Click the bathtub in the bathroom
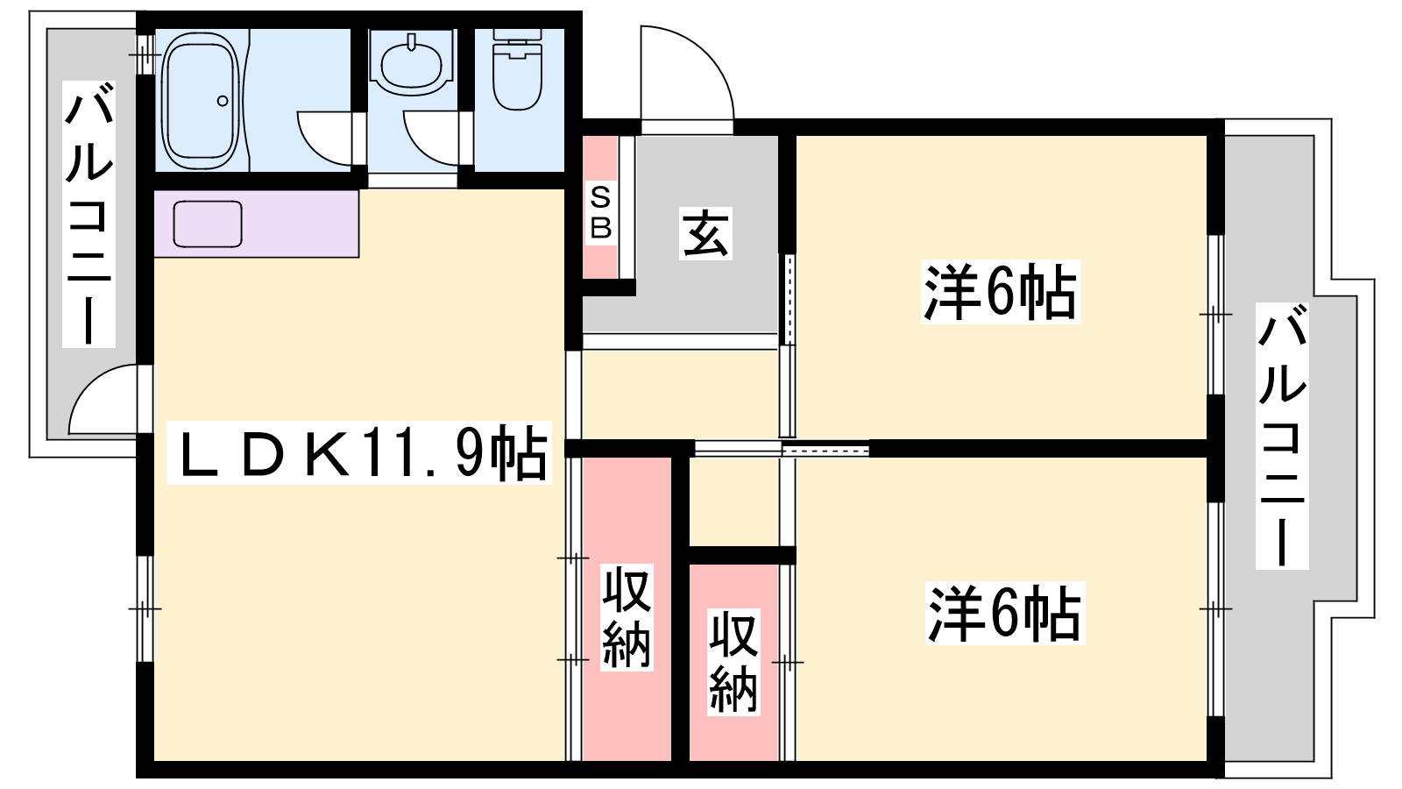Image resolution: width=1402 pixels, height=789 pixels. point(201,100)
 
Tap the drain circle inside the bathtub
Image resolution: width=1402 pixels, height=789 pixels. point(223,101)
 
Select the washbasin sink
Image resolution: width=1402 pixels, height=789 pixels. point(411,65)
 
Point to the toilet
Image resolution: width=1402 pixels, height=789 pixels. point(518,70)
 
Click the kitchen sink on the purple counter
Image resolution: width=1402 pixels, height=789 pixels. point(207,224)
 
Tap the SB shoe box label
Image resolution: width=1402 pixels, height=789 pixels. point(600,214)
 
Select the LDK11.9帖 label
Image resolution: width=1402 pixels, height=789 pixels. point(359,452)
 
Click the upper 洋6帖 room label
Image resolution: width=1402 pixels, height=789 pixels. point(1000,293)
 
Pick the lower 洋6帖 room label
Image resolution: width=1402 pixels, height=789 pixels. point(1004,614)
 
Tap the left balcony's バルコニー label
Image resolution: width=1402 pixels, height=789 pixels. point(89,214)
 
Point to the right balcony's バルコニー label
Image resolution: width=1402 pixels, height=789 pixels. point(1282,435)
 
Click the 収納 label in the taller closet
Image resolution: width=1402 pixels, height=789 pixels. point(627,617)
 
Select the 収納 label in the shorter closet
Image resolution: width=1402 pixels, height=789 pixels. point(734,662)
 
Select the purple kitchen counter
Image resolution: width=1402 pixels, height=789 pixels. point(256,224)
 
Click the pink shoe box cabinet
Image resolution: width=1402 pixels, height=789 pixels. point(599,207)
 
